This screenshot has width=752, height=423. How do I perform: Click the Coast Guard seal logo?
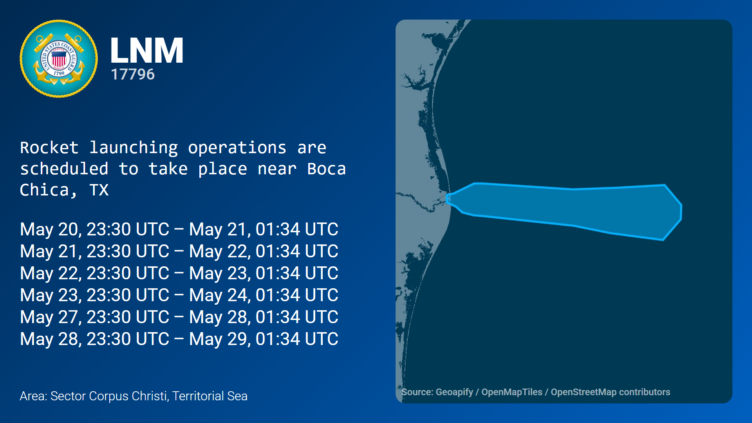coord(59,59)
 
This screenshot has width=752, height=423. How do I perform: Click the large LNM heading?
coord(147,50)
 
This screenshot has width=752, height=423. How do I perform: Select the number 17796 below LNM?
coord(133,74)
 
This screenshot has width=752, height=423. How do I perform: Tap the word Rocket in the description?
coord(49,148)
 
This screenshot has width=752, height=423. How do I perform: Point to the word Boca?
coord(326,169)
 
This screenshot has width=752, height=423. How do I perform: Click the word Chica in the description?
coord(44,190)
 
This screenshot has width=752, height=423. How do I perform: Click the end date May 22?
coord(218,251)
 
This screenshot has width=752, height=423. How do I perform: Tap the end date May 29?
coord(218,339)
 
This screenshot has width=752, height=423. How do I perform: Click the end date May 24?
coord(218,295)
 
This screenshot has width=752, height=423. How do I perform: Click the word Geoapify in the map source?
coord(454,392)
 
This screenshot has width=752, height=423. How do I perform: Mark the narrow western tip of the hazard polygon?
coord(447,199)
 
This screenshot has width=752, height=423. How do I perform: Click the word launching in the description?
coord(134,148)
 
